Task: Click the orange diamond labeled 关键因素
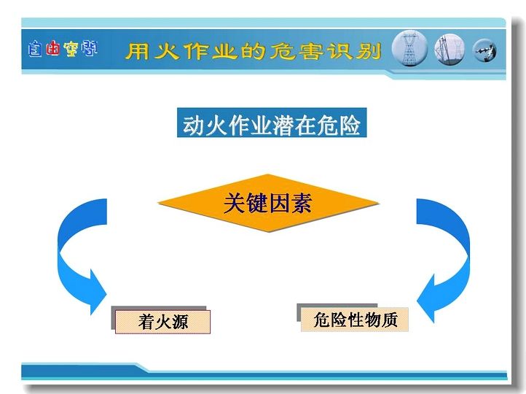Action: [x=268, y=203]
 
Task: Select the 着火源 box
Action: [x=162, y=322]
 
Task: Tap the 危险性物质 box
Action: [x=355, y=320]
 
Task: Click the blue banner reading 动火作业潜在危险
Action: [x=272, y=123]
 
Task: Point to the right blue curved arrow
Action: [x=461, y=255]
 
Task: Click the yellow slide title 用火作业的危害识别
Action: [x=254, y=51]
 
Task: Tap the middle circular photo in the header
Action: [x=450, y=50]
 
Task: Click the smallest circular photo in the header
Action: [x=484, y=51]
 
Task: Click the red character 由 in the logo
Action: [x=53, y=49]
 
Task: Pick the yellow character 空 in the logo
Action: [x=71, y=49]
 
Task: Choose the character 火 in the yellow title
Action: [x=167, y=51]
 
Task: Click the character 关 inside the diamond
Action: [x=235, y=203]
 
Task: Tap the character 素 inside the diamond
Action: [x=302, y=203]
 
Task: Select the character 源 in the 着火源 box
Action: [x=180, y=322]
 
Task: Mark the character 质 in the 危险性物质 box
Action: [x=390, y=320]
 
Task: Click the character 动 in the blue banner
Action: [x=194, y=125]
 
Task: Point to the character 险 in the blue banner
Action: [x=350, y=125]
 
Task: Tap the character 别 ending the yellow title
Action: [x=369, y=51]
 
